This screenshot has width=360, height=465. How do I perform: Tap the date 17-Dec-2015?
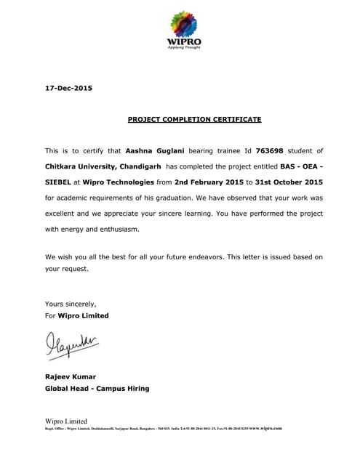68,89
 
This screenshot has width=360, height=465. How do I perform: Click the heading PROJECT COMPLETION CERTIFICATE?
194,119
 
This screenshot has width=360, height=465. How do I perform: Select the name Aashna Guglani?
155,151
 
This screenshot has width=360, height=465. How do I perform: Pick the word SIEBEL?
60,182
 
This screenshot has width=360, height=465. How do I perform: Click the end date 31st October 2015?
289,182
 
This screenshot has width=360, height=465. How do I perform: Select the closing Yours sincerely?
71,304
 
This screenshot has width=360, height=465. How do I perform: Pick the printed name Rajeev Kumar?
70,376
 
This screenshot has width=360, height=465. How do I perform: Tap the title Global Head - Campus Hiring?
97,388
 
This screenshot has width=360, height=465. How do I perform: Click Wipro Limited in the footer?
66,421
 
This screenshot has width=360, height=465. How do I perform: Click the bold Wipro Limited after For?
84,315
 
